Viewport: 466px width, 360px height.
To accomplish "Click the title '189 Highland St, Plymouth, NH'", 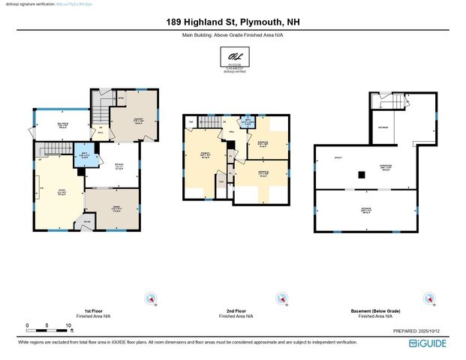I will point(233,22).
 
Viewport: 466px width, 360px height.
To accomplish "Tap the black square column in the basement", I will point(362,175).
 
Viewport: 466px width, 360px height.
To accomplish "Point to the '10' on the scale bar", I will point(69,326).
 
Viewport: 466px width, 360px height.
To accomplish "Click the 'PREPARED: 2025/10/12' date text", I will point(420,330).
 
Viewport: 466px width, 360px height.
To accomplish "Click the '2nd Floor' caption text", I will point(236,310).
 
